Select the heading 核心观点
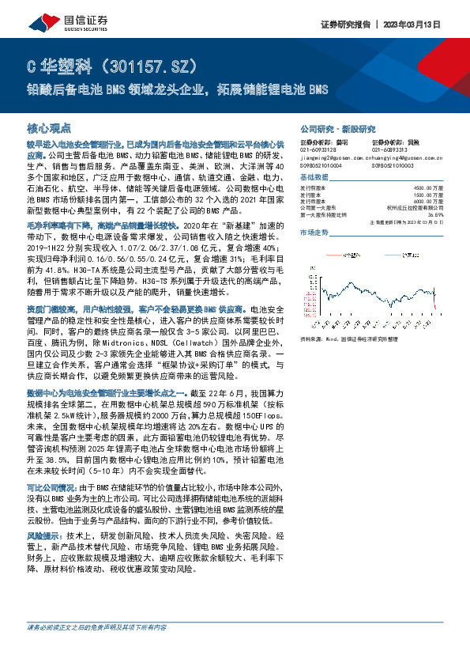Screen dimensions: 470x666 tap(49, 127)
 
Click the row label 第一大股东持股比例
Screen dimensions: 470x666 tap(326, 214)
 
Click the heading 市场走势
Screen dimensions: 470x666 tap(314, 233)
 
